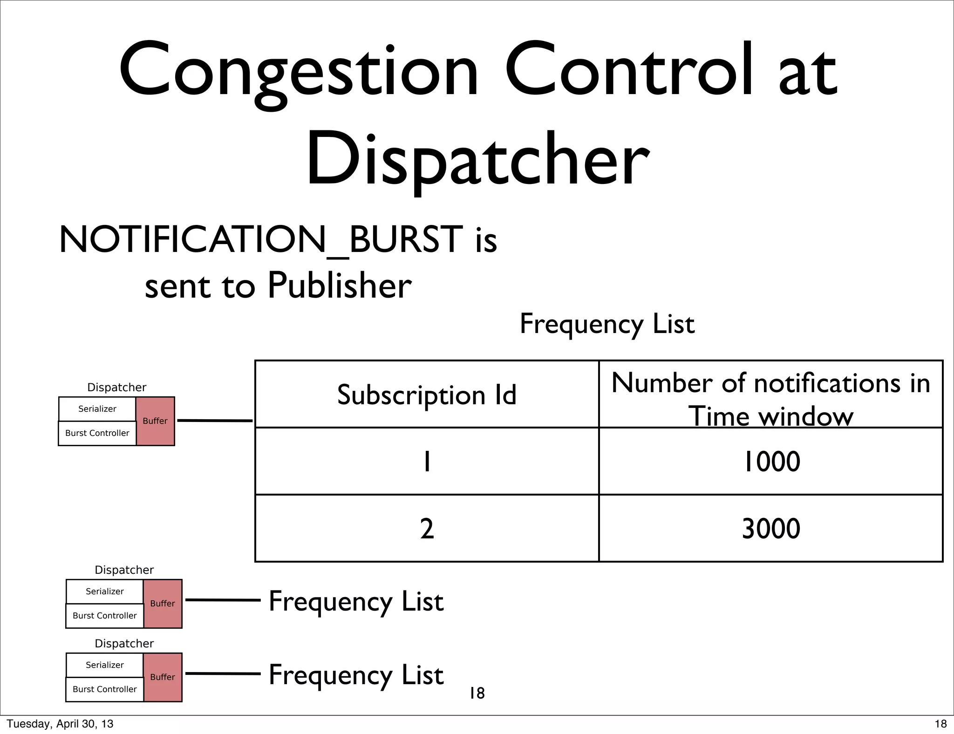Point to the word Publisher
tap(340, 285)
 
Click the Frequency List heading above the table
tap(607, 324)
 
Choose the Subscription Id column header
tap(427, 395)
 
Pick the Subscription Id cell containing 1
tap(427, 462)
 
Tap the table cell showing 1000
tap(770, 462)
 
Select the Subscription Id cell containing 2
tap(427, 529)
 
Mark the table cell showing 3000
tap(770, 529)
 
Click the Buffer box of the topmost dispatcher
tap(155, 421)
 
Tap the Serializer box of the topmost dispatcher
tap(97, 409)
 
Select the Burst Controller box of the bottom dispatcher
tap(105, 689)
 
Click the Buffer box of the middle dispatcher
tap(163, 604)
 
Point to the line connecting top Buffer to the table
tap(215, 421)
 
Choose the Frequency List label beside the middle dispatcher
tap(356, 601)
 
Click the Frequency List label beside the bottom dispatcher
tap(356, 675)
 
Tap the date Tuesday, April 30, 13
tap(60, 724)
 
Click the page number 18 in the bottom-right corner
tap(940, 724)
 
